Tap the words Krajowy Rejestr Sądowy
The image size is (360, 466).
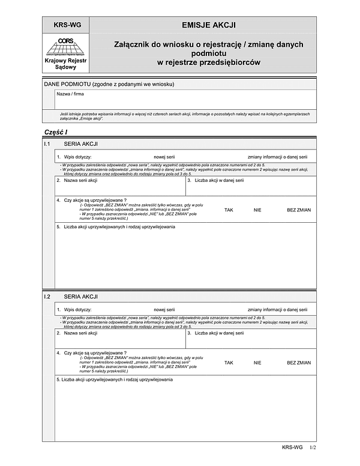tap(65, 64)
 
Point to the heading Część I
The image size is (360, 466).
tap(56, 132)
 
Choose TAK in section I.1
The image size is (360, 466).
tap(229, 210)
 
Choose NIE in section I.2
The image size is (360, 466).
tap(257, 363)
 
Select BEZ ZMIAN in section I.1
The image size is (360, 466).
tap(299, 210)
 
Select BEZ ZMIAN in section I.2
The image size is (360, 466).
tap(299, 363)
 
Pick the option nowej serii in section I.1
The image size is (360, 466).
tap(164, 156)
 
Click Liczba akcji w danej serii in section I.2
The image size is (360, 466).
tap(219, 333)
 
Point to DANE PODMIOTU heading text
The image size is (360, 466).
tap(109, 84)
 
